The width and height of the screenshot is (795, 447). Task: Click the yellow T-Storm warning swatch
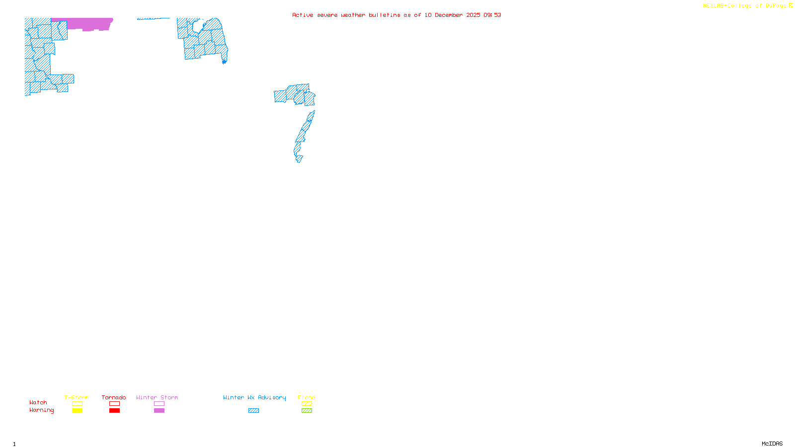77,411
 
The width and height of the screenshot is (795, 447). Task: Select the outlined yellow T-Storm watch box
77,404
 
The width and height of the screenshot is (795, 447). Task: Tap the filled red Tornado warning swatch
114,411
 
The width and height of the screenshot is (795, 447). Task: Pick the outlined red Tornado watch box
114,404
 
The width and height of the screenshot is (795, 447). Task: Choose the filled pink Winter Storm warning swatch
159,411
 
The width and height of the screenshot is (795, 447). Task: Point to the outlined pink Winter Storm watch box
159,404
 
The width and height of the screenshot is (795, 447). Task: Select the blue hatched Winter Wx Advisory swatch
253,411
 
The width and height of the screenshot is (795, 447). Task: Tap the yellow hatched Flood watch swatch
307,404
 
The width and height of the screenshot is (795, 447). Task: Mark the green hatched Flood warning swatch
307,411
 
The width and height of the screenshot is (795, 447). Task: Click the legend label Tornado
114,397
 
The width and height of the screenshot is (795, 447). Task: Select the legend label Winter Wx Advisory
254,397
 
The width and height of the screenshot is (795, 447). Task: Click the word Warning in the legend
41,410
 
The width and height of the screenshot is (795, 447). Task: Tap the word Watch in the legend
38,402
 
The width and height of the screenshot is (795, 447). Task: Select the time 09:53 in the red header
492,15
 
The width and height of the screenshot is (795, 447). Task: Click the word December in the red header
449,15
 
